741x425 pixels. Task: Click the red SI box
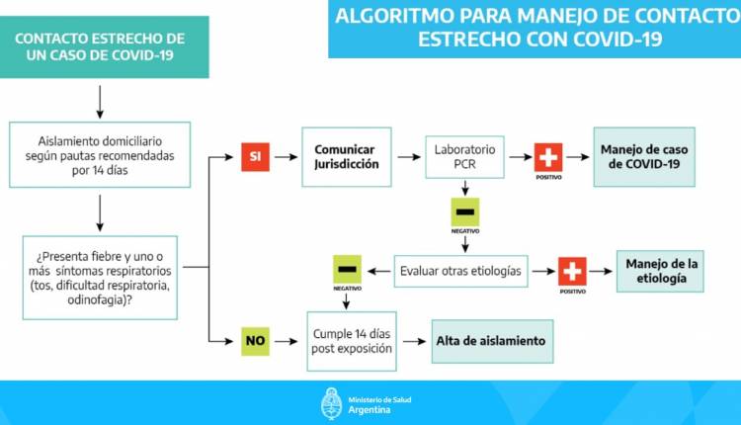[x=254, y=156]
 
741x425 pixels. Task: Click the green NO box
[x=254, y=341]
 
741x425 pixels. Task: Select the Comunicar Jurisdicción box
[x=347, y=157]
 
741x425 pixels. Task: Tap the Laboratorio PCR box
[x=465, y=157]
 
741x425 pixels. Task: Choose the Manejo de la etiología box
[x=660, y=270]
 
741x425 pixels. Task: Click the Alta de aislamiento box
[x=490, y=341]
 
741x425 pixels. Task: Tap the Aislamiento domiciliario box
[x=101, y=154]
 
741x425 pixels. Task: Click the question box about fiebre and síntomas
[x=101, y=278]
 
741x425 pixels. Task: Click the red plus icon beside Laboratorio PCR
[x=548, y=156]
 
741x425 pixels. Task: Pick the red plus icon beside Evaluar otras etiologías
[x=572, y=270]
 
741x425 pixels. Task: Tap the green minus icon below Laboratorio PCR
[x=465, y=212]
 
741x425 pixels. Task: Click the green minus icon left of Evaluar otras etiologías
[x=348, y=269]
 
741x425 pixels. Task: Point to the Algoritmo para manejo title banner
[x=534, y=28]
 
